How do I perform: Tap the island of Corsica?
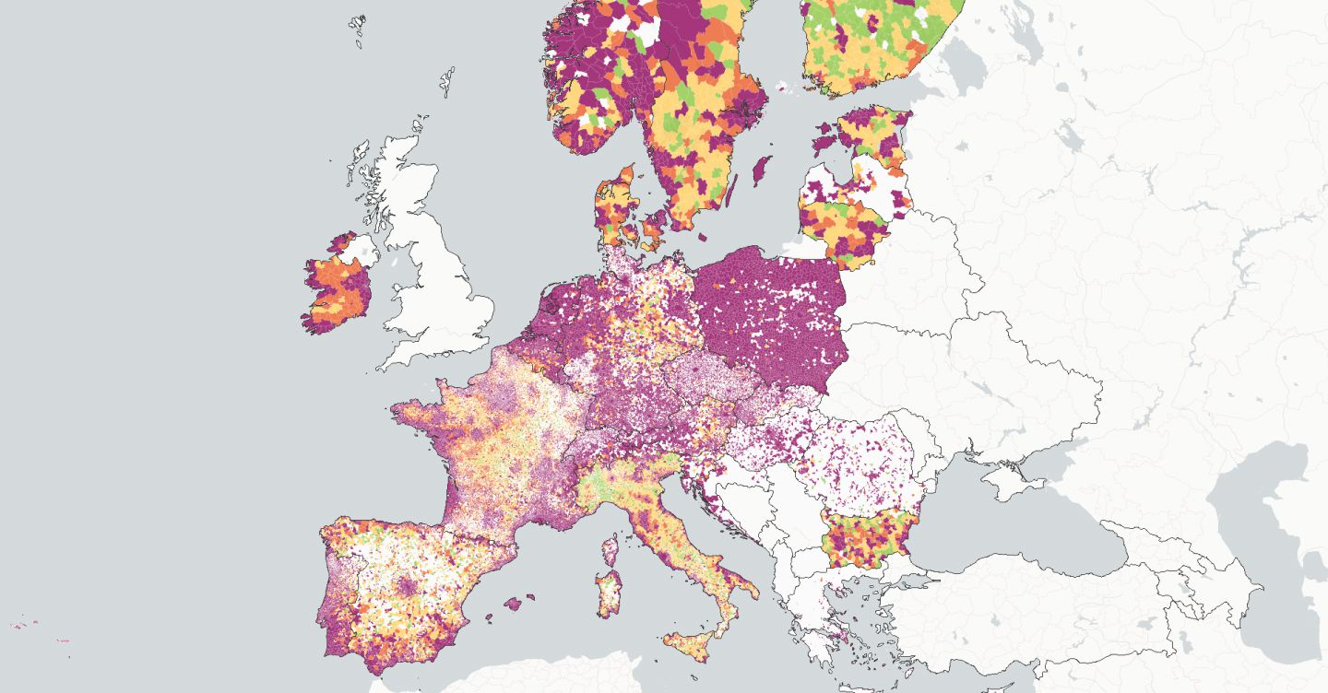(x=610, y=550)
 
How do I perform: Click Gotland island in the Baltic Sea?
(x=762, y=170)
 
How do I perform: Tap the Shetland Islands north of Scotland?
(x=447, y=81)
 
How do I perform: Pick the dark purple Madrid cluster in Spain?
(x=404, y=588)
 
